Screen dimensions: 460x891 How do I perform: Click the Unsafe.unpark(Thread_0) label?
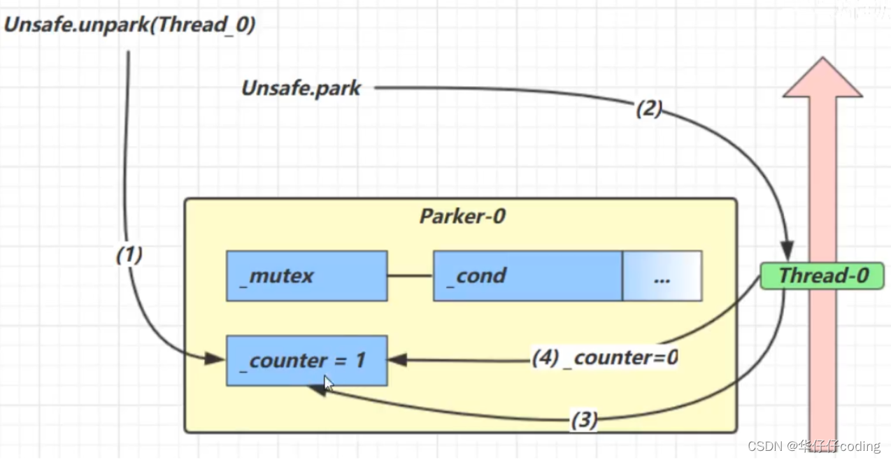point(130,25)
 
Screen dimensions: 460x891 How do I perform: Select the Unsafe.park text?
point(301,89)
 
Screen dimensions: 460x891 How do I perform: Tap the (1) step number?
point(129,256)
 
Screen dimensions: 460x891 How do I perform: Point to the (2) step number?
point(648,109)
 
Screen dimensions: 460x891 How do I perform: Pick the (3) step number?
point(584,420)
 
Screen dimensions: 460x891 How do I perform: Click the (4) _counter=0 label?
point(605,358)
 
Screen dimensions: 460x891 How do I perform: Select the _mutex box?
point(306,276)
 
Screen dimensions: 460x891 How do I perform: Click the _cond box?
point(527,276)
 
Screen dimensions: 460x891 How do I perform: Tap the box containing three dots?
point(662,276)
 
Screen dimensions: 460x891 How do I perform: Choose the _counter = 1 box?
point(306,361)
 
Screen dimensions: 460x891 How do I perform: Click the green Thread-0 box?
point(822,275)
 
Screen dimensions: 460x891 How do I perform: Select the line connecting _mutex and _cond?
point(410,276)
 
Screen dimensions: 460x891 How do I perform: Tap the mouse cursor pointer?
point(329,384)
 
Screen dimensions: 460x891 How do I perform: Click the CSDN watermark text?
point(764,446)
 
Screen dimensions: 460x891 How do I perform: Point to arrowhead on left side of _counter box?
point(215,359)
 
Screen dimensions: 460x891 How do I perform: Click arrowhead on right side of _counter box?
point(398,360)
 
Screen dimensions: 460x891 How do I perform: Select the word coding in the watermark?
point(860,446)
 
